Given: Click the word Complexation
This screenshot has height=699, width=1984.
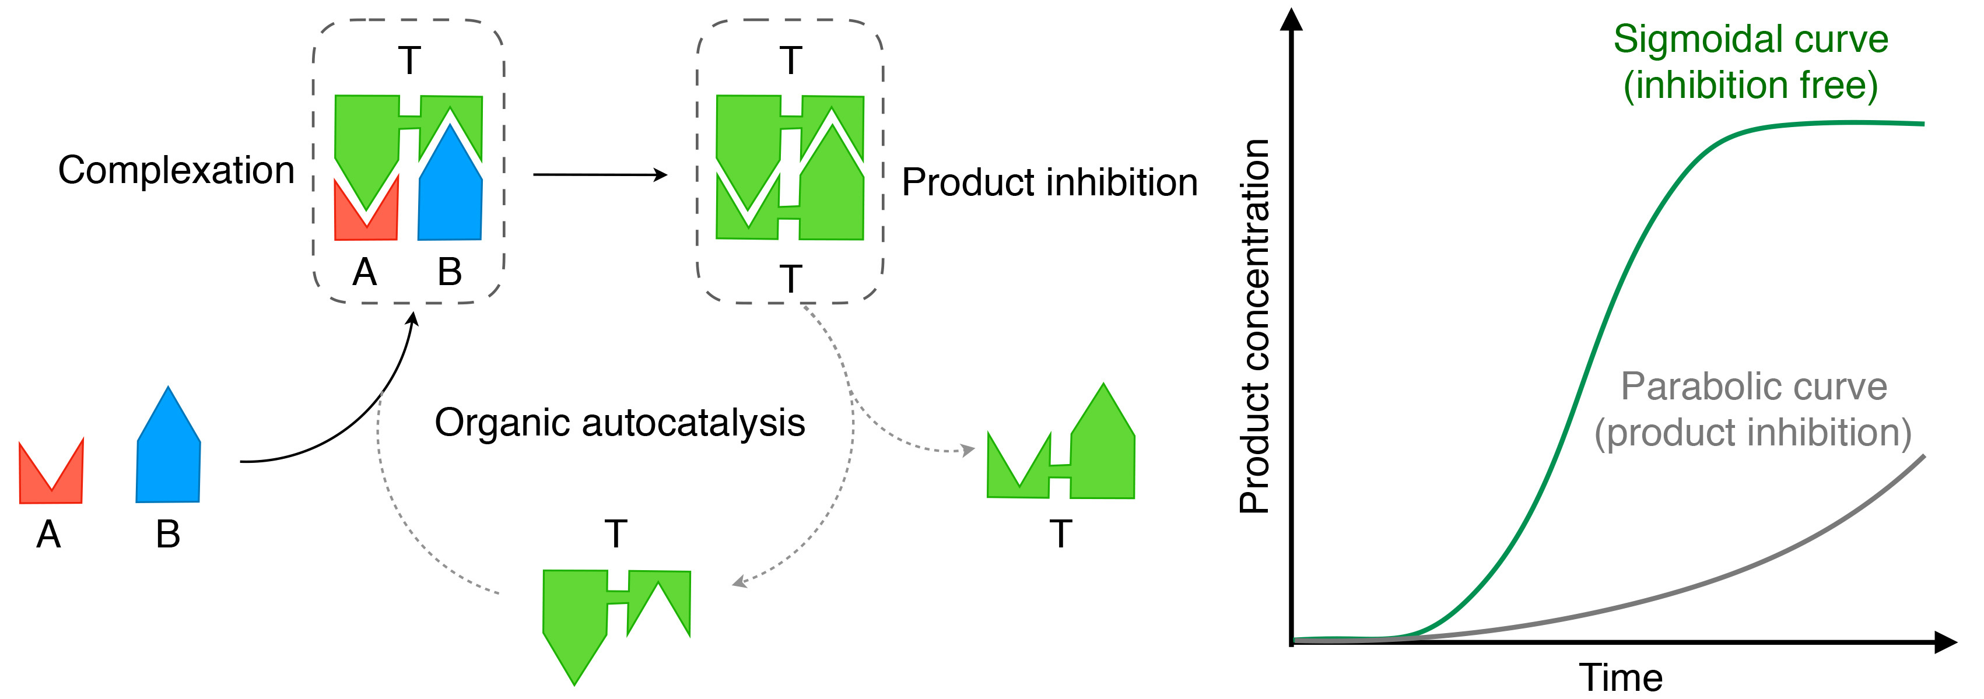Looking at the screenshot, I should (x=176, y=171).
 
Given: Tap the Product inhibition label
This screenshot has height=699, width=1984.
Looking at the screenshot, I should (x=1049, y=183).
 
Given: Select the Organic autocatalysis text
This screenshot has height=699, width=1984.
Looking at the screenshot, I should (x=619, y=423).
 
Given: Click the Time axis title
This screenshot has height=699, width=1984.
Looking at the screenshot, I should (x=1621, y=678).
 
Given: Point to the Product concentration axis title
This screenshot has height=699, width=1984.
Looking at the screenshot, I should (x=1254, y=326).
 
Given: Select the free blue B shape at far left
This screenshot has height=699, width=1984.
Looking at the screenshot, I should (x=168, y=454).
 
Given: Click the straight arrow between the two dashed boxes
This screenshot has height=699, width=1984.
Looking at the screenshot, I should (x=599, y=175).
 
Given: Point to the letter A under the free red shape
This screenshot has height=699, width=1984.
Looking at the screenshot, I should (x=48, y=534).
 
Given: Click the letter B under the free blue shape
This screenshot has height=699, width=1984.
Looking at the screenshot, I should (x=168, y=534).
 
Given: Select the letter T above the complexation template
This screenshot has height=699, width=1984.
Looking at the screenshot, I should (x=409, y=61).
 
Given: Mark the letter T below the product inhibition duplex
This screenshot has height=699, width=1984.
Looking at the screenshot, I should (x=790, y=279).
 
